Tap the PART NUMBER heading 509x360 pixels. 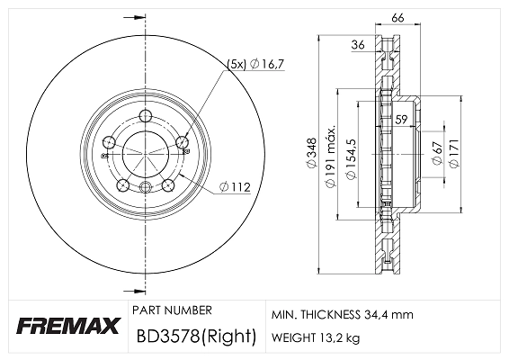pos(171,310)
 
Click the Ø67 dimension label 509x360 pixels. pos(436,154)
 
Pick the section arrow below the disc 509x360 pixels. pos(138,290)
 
